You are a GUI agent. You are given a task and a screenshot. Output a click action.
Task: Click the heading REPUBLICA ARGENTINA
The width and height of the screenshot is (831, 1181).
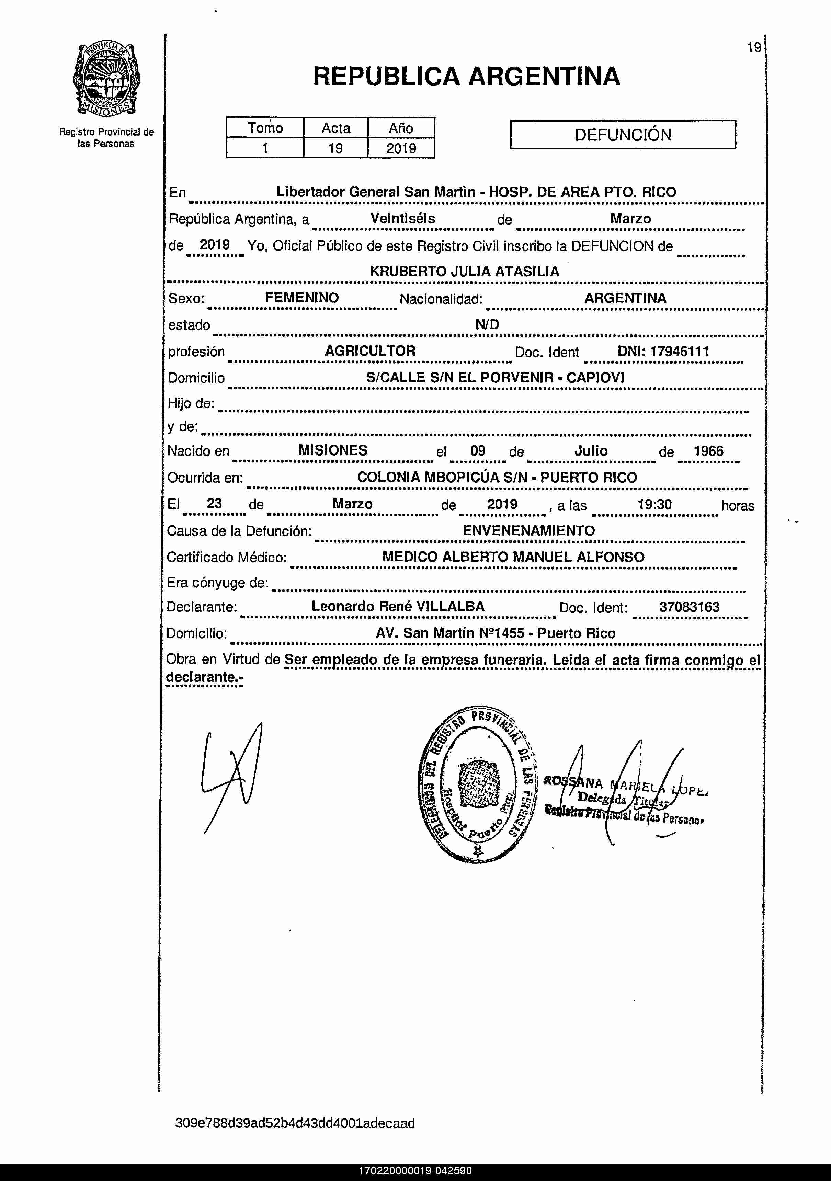click(466, 76)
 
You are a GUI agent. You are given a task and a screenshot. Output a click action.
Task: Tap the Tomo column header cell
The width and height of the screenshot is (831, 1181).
click(265, 128)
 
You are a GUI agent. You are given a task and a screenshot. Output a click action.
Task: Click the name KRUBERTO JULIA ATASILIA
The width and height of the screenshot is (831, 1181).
click(464, 271)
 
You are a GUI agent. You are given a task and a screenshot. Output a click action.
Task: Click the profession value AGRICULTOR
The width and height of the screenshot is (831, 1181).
click(370, 351)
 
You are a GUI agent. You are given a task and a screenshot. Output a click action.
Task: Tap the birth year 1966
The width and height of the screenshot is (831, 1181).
click(708, 451)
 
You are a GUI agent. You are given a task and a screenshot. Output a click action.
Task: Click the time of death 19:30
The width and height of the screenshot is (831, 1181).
click(654, 504)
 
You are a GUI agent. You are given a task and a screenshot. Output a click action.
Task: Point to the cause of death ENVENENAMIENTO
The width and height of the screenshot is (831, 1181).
click(528, 530)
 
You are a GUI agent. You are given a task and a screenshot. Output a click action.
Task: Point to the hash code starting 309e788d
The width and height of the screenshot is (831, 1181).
click(295, 1123)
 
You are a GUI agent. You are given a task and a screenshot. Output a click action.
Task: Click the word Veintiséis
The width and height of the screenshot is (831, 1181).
click(402, 219)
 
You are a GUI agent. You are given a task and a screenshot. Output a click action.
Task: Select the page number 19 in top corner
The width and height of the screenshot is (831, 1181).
click(754, 48)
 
